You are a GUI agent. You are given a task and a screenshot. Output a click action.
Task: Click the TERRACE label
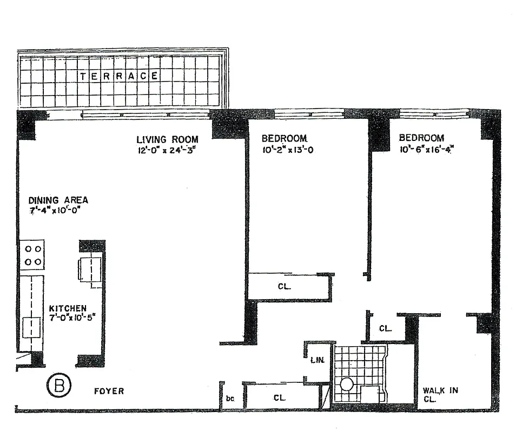[119, 76]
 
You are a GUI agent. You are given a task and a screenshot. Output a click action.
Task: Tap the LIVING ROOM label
[167, 139]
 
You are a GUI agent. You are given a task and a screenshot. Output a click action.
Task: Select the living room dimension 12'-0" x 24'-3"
[166, 150]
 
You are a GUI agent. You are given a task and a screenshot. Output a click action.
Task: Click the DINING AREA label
[58, 200]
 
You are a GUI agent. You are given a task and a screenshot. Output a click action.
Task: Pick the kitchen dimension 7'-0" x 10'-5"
[67, 319]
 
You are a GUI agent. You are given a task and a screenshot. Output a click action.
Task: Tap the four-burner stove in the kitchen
[32, 255]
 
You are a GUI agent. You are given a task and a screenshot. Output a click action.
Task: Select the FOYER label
[109, 391]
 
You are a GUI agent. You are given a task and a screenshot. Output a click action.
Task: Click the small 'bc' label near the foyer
[230, 399]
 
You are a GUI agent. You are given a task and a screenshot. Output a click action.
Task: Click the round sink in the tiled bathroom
[347, 384]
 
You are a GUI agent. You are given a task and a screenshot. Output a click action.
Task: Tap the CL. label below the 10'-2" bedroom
[284, 287]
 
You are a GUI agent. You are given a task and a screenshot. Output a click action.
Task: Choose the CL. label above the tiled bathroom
[385, 328]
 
